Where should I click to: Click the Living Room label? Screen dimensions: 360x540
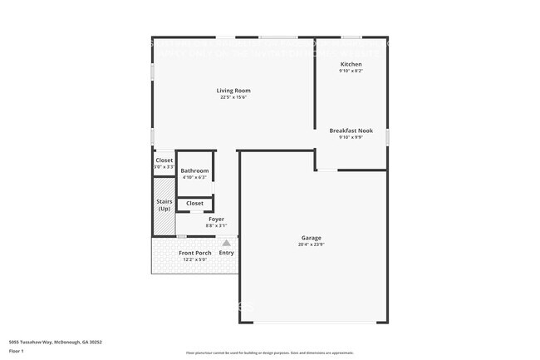[233, 91]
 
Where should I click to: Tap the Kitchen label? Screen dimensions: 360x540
[351, 64]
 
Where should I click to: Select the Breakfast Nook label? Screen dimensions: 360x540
[351, 131]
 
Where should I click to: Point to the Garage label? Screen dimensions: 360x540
[311, 238]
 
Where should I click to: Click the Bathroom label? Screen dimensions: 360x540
[195, 170]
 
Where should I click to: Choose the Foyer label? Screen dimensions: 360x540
[216, 219]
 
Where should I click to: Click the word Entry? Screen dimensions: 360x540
[226, 253]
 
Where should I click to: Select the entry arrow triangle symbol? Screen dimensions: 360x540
[226, 243]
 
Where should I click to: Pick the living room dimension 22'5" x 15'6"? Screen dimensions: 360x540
[233, 97]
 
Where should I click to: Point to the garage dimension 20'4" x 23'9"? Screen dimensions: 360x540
[311, 244]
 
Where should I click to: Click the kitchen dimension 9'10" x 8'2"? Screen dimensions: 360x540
[351, 71]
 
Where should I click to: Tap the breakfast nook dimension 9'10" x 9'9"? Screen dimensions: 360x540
[351, 137]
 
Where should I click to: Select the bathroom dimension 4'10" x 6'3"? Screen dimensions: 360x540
[195, 177]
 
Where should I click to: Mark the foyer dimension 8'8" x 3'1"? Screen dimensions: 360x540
[216, 226]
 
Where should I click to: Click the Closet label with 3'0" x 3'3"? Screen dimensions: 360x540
[164, 160]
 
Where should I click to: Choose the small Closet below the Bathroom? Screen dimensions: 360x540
[194, 203]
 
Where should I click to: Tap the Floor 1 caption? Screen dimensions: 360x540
[16, 351]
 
